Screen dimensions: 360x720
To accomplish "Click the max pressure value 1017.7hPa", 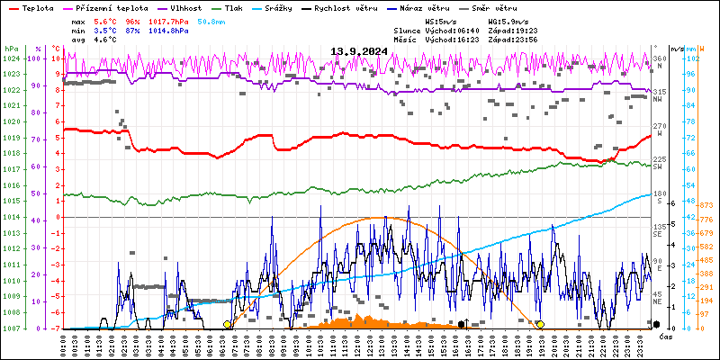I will [x=170, y=20].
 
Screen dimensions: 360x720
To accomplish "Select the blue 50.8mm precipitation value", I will [x=212, y=20].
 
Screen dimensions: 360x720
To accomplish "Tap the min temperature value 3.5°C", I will [x=105, y=30].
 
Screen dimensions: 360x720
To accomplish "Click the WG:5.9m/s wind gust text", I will [x=508, y=20].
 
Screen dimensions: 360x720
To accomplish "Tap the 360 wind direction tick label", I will [x=658, y=58].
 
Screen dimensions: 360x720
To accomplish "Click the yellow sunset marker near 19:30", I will [x=540, y=324].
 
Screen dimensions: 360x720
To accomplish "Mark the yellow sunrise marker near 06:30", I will [x=227, y=324].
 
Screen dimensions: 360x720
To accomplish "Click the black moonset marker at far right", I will [x=657, y=324].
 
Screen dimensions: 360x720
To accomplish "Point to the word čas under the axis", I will [x=665, y=337].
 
